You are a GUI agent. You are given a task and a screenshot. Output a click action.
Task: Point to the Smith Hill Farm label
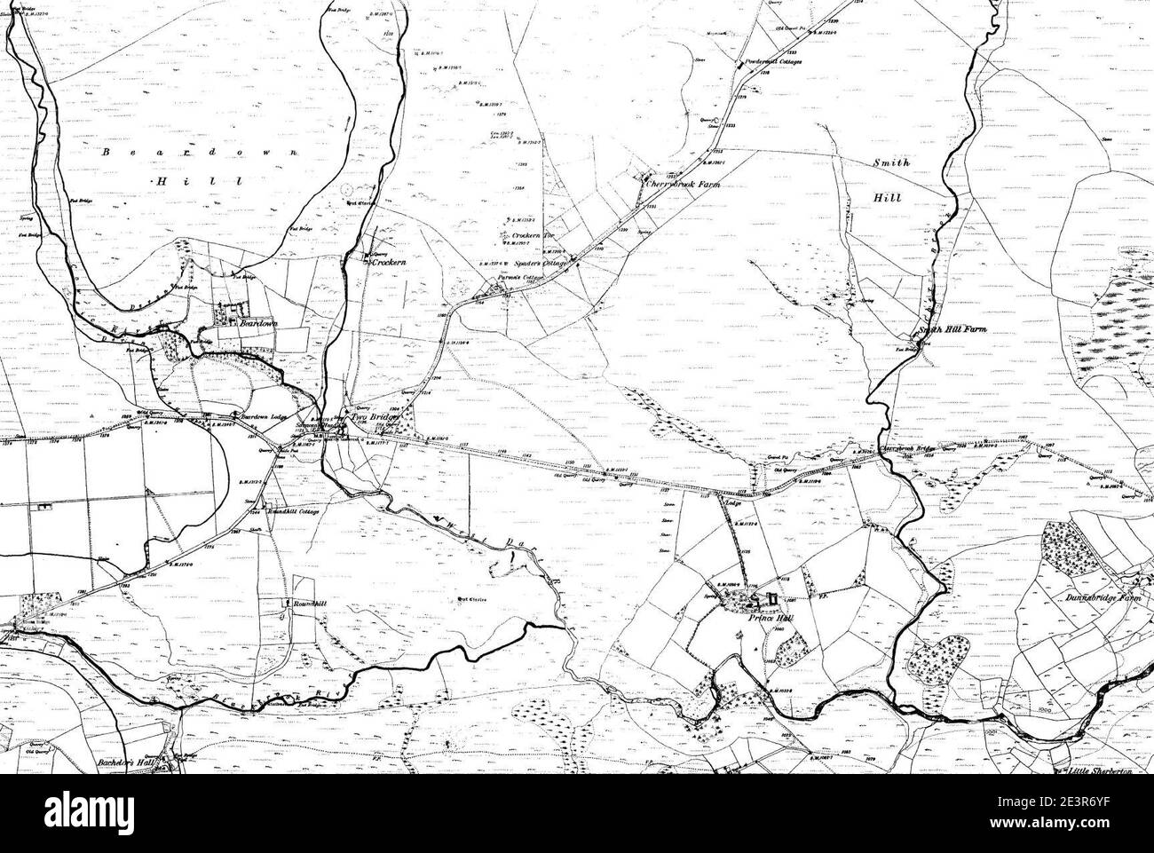(x=952, y=329)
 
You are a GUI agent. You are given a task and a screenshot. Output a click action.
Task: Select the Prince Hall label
(x=769, y=619)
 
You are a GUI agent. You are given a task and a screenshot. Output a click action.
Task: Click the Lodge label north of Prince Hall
(x=732, y=504)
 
